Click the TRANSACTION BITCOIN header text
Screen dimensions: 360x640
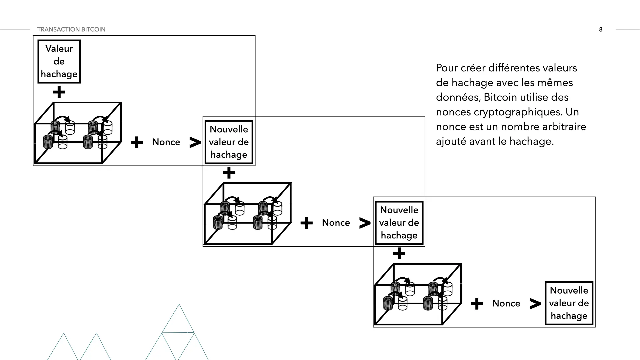71,29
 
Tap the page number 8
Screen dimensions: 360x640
601,29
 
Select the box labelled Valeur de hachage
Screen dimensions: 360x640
59,61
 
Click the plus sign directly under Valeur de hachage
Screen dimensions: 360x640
59,92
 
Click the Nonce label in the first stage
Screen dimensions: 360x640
166,142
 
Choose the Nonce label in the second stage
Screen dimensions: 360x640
336,223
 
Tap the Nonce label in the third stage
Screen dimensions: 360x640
506,303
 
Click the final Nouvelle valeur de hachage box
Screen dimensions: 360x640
569,303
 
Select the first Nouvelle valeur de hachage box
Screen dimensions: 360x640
229,142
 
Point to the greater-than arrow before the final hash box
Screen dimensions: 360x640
535,304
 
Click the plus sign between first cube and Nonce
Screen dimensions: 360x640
137,142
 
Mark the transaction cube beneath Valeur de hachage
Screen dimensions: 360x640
78,133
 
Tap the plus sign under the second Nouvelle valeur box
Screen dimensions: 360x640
399,254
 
